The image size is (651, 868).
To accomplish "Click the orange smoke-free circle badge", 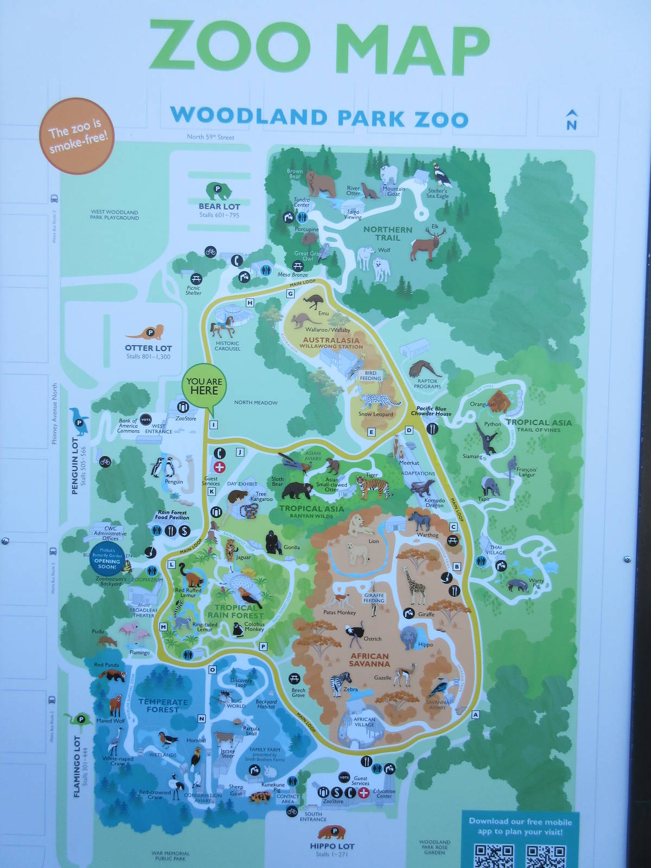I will pyautogui.click(x=76, y=136).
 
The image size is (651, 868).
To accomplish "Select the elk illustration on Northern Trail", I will pyautogui.click(x=429, y=244).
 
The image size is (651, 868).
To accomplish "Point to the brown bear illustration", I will pyautogui.click(x=320, y=183).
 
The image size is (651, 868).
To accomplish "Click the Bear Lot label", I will pyautogui.click(x=219, y=206).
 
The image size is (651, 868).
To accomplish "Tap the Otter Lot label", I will pyautogui.click(x=148, y=348).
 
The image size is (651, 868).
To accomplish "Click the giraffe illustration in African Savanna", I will pyautogui.click(x=415, y=586).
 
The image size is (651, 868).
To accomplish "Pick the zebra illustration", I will pyautogui.click(x=342, y=684).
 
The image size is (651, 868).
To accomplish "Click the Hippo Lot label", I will pyautogui.click(x=332, y=846).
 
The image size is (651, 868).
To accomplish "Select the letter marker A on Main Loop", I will pyautogui.click(x=476, y=715).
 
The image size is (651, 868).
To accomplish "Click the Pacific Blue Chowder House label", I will pyautogui.click(x=431, y=411).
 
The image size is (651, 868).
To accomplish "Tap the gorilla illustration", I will pyautogui.click(x=273, y=542).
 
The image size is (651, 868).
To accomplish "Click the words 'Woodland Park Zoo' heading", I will pyautogui.click(x=319, y=117).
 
